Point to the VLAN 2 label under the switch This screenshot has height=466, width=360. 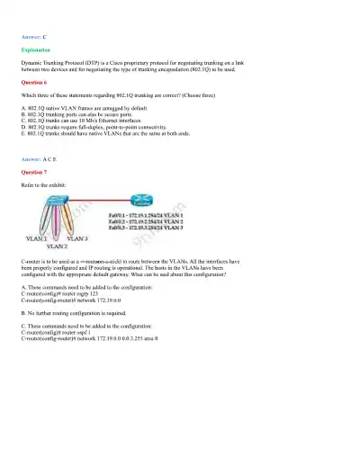pos(56,246)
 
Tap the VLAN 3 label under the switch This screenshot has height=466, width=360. pos(75,237)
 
